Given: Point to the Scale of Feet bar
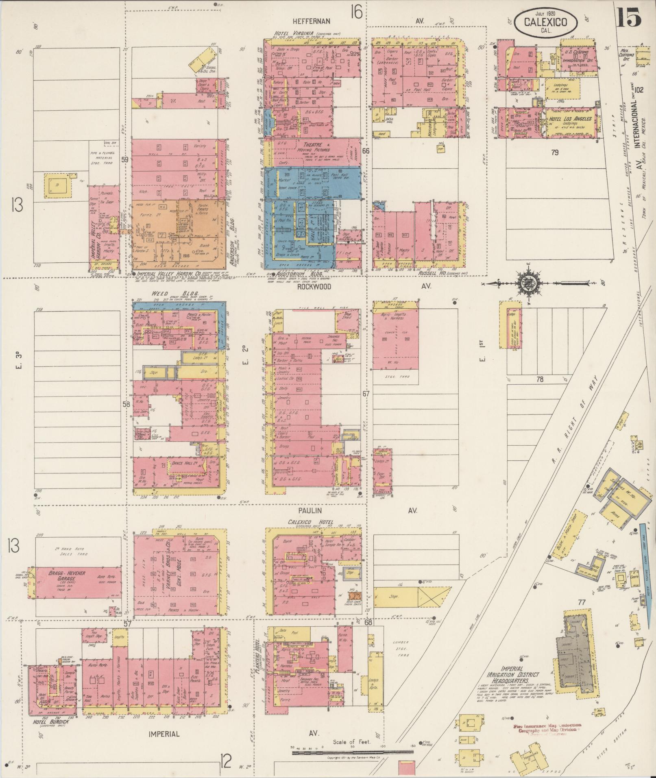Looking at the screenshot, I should point(352,753).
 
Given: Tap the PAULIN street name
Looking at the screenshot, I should point(312,510).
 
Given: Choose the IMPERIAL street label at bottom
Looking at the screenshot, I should point(164,734).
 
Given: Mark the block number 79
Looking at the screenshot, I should point(555,153).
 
